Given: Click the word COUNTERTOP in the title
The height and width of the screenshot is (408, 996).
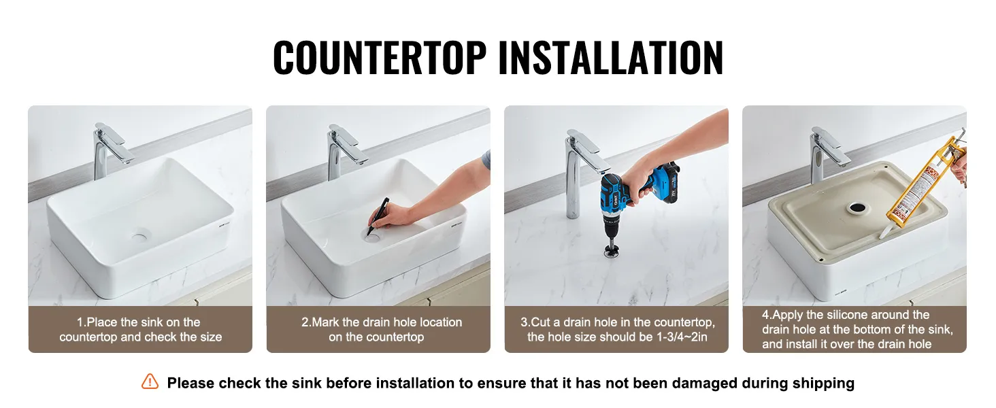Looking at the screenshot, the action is tap(380, 57).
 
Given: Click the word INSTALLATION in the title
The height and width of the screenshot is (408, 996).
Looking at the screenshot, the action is tap(611, 57).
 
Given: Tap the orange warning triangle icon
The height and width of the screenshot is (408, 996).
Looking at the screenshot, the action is tap(150, 381).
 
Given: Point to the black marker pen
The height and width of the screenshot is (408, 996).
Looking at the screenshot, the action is tap(378, 216).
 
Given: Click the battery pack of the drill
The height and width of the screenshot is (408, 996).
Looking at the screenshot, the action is tap(665, 182).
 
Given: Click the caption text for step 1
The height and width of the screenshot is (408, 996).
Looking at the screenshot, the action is tap(140, 329).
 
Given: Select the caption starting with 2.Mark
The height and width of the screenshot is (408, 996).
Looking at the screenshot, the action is tap(381, 329).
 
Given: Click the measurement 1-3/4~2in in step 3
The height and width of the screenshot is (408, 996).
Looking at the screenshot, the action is tap(682, 337).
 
